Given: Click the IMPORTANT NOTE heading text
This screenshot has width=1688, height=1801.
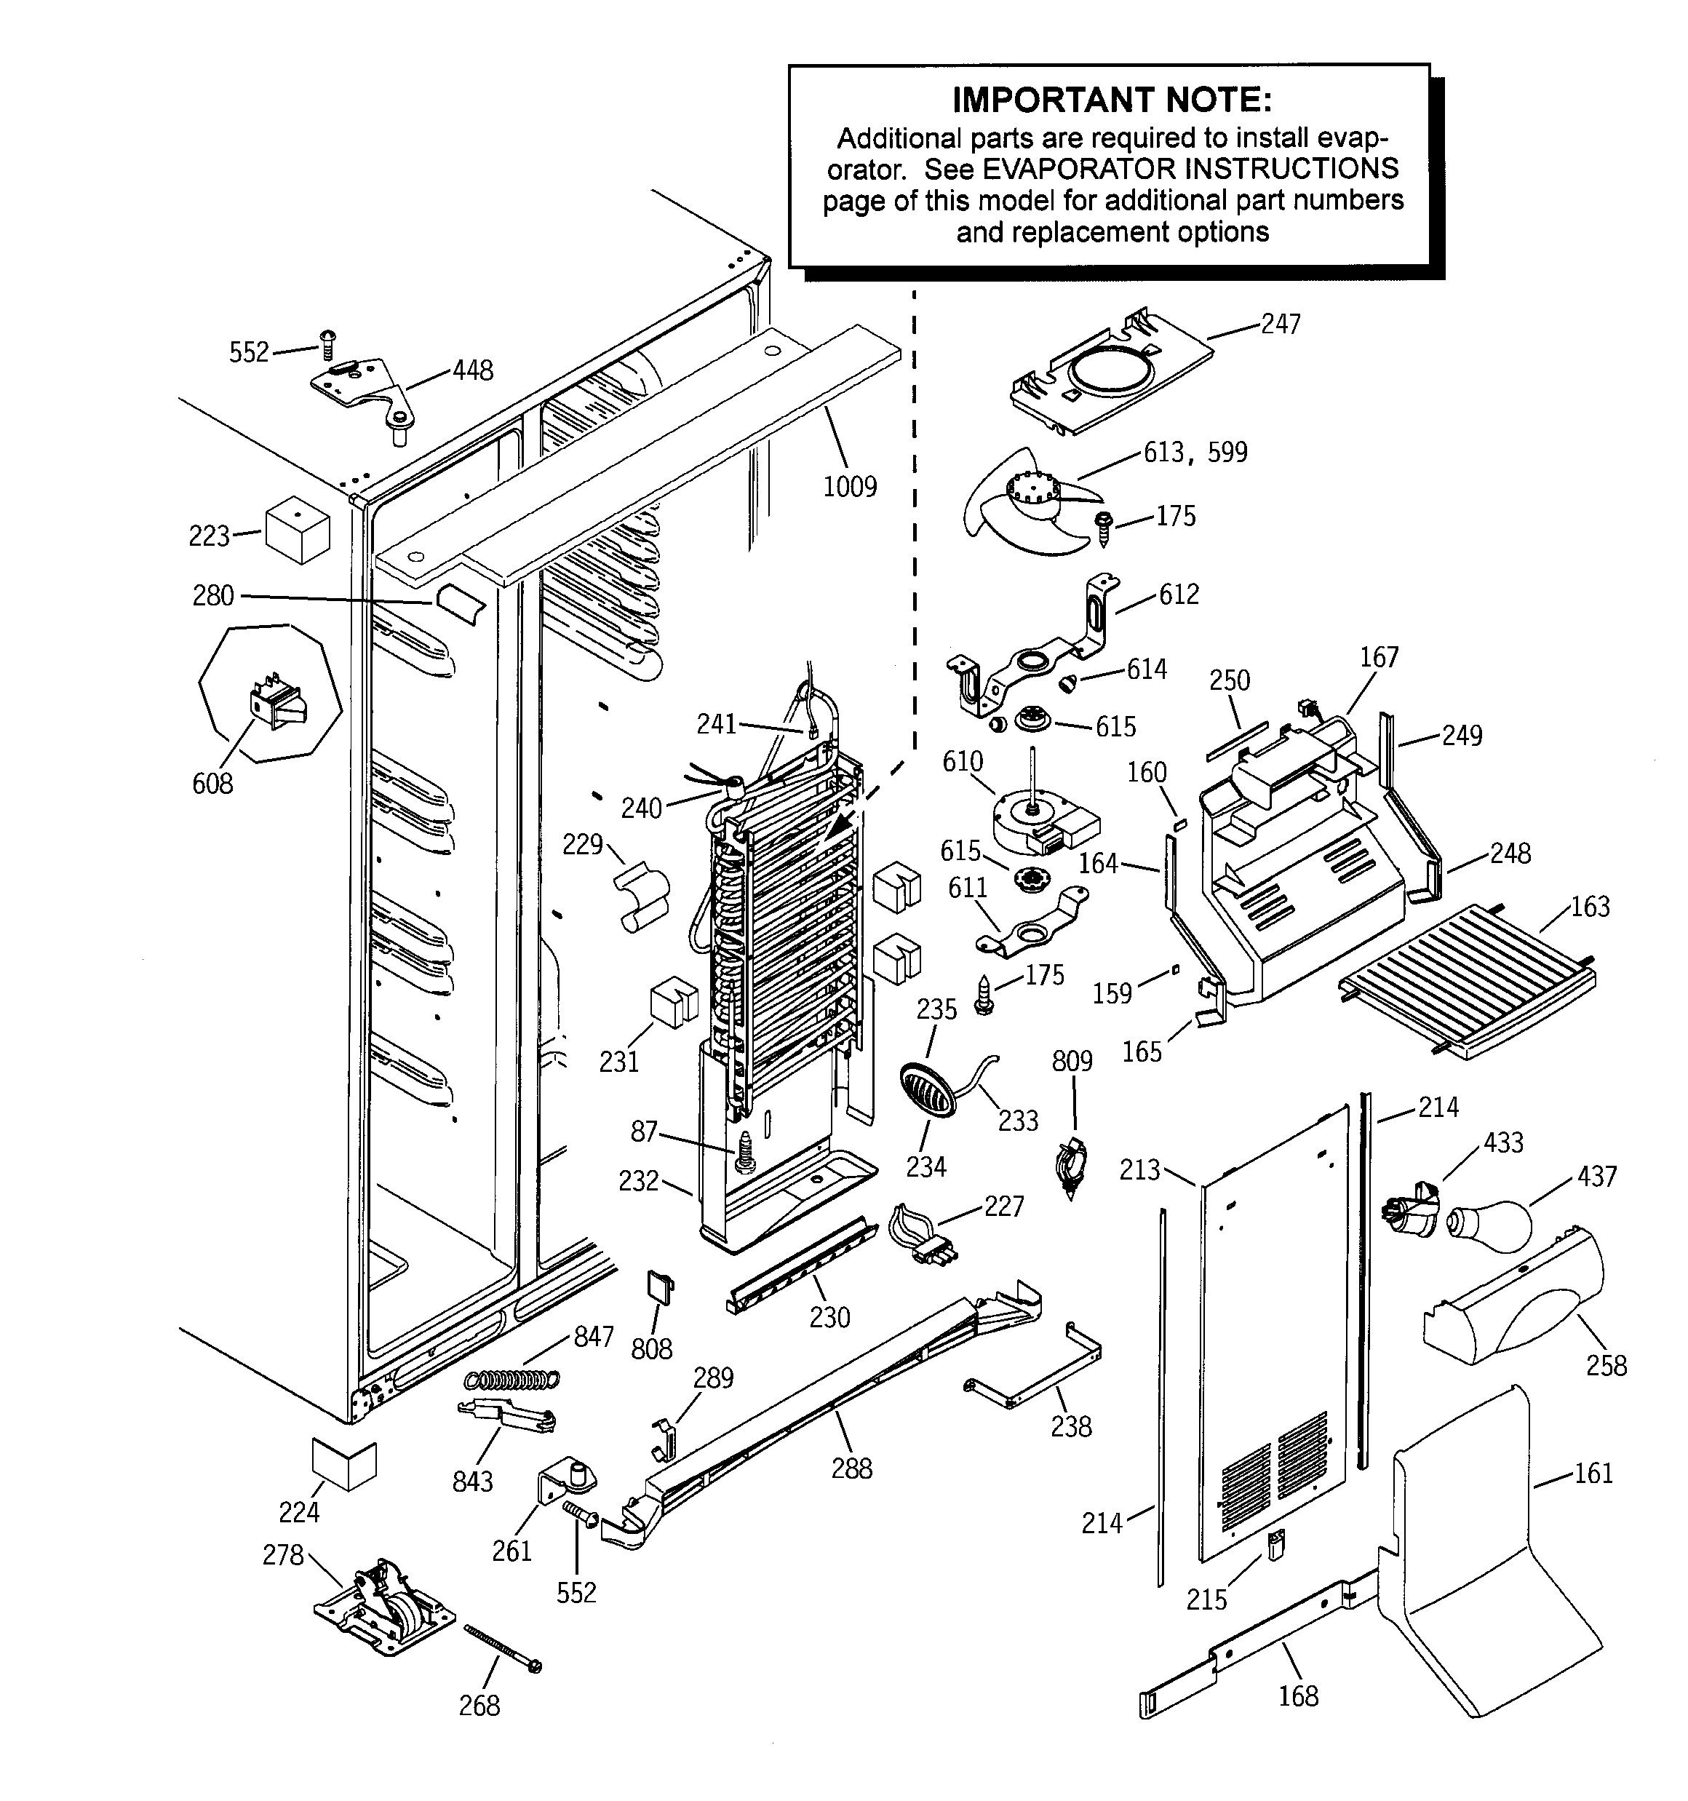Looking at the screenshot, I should click(x=1111, y=100).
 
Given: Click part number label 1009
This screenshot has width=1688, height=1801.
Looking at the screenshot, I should click(x=849, y=487).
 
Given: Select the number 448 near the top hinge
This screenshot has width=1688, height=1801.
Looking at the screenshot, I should click(x=472, y=370).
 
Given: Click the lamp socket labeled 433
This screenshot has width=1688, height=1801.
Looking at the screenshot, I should click(x=1412, y=1209).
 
